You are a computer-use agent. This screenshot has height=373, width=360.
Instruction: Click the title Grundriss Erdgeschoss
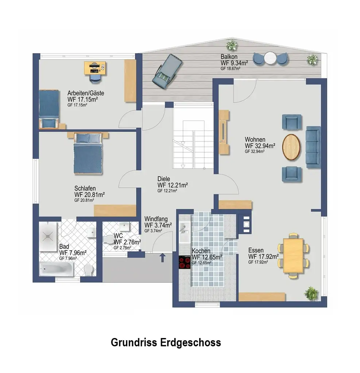[166, 342]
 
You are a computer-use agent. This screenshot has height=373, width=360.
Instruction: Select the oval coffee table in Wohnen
[291, 147]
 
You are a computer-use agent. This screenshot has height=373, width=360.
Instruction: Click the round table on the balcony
[270, 58]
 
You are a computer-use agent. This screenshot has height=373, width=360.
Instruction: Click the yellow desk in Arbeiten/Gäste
[96, 68]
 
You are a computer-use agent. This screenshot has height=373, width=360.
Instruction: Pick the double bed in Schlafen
[88, 154]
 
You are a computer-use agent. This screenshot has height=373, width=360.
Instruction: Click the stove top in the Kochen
[185, 262]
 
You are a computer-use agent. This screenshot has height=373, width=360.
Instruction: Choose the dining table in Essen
[294, 255]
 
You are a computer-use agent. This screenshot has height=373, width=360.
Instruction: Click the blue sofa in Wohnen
[313, 147]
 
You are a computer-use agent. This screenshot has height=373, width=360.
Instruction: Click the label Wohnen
[255, 140]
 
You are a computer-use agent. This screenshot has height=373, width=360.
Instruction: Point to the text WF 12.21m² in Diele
[173, 185]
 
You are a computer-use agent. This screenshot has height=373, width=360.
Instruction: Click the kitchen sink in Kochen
[184, 229]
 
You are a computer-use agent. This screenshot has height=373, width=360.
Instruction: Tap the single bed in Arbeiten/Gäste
[49, 108]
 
